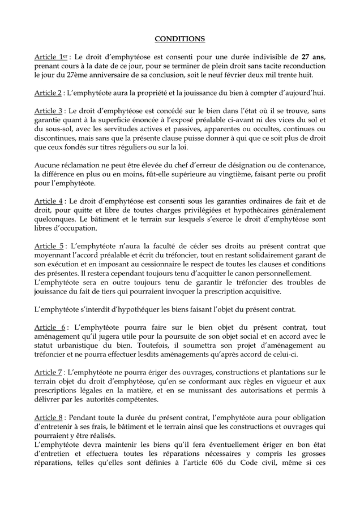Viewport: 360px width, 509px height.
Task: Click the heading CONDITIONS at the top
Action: tap(180, 39)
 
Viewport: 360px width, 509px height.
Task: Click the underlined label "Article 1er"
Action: tap(49, 57)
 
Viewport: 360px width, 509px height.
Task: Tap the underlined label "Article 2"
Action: tap(48, 93)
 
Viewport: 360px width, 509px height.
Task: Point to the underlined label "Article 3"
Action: tap(48, 111)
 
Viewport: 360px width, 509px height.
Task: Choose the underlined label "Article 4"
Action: tap(48, 201)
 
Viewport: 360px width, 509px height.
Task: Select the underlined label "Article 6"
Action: tap(49, 327)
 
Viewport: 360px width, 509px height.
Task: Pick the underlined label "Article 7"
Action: tap(48, 372)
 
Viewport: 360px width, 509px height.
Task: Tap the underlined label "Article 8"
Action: tap(48, 417)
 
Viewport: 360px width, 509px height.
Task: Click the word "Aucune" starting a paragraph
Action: tap(48, 165)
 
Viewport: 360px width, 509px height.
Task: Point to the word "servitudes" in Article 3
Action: tap(112, 129)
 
